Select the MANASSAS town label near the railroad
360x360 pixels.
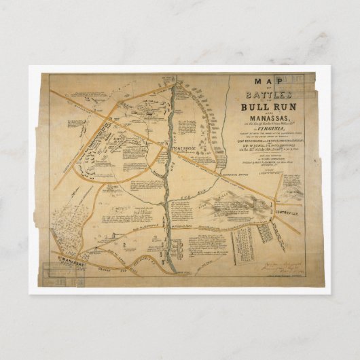67,259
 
